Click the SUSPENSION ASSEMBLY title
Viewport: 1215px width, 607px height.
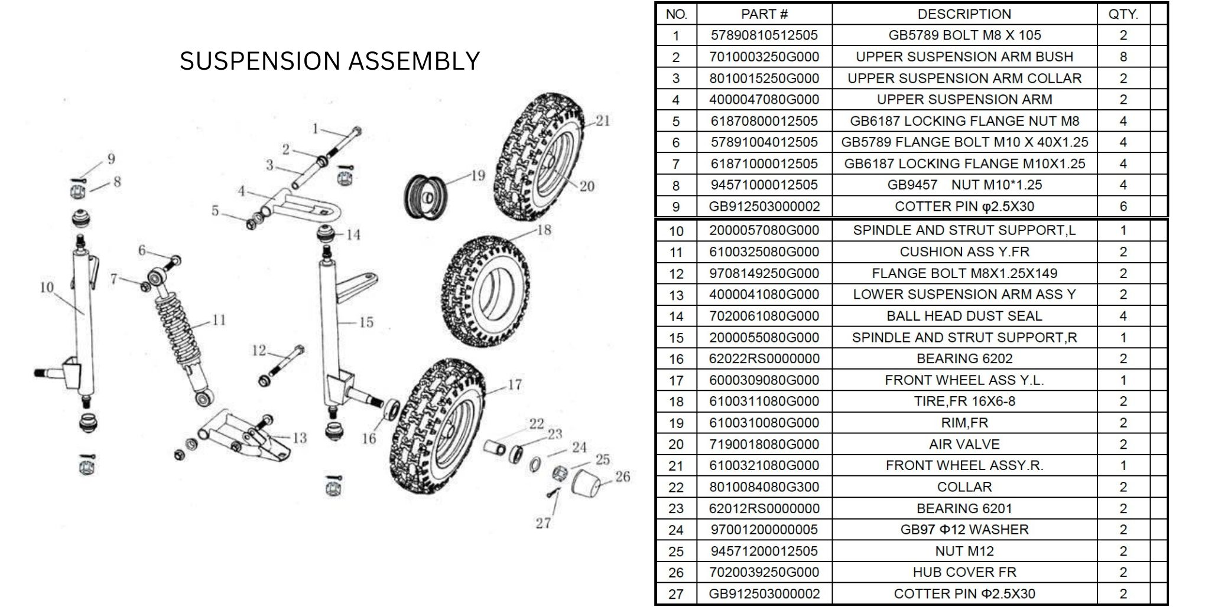click(329, 61)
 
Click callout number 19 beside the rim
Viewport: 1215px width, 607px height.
click(477, 175)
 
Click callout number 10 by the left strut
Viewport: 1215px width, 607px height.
click(47, 288)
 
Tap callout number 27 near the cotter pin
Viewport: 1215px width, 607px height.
click(543, 523)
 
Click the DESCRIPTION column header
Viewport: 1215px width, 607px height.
click(964, 14)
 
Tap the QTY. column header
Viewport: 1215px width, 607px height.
click(1123, 14)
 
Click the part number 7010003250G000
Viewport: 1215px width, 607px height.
click(764, 57)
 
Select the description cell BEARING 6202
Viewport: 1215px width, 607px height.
click(964, 358)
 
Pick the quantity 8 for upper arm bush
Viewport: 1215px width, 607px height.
click(1123, 57)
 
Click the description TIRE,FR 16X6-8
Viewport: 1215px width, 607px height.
click(964, 402)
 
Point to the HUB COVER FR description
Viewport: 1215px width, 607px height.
click(964, 572)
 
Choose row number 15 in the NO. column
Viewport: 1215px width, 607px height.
click(676, 338)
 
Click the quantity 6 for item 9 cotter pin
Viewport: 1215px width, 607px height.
click(1123, 207)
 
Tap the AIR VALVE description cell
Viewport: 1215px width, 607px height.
click(964, 444)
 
